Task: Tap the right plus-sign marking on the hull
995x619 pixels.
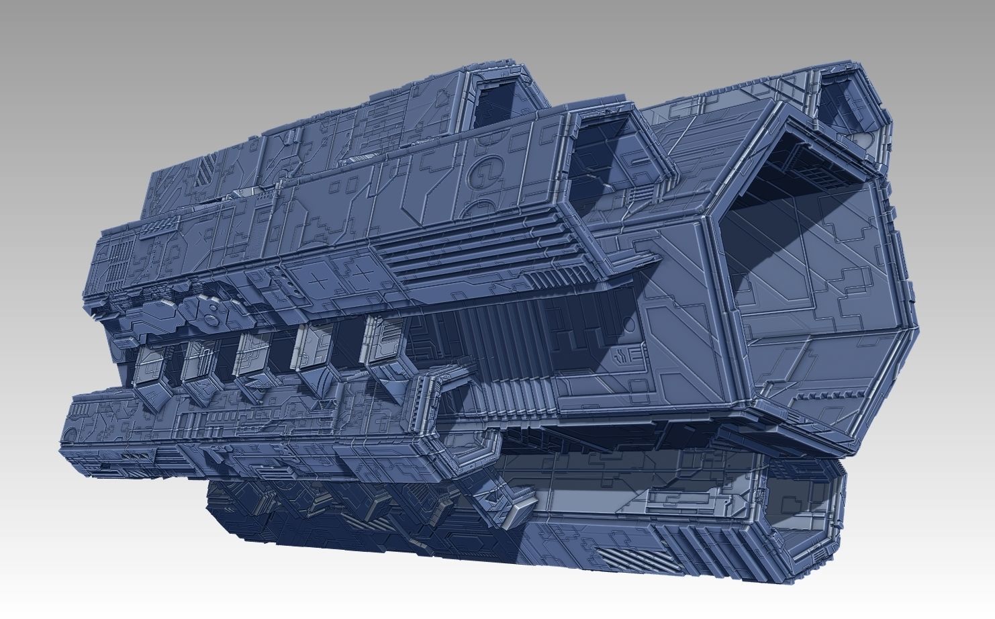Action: (363, 273)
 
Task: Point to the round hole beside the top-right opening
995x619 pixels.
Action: (871, 139)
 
